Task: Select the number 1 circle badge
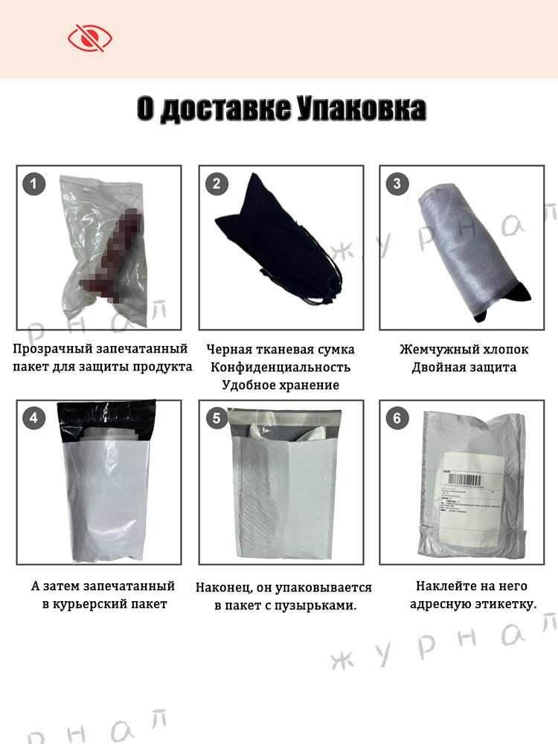[33, 184]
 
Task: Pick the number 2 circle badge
[216, 184]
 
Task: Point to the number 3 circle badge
[397, 184]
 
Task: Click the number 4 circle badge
[33, 418]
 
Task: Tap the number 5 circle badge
[216, 418]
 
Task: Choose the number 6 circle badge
[397, 418]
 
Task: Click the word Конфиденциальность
[280, 368]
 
